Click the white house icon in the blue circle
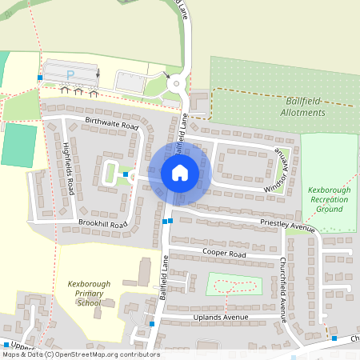coord(179,172)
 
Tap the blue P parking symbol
coord(70,74)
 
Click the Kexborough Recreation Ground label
coord(330,199)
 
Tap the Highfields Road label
coord(68,169)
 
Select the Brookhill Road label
coord(102,225)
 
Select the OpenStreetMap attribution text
coord(80,354)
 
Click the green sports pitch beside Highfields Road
coord(20,145)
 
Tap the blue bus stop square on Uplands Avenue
coord(151,324)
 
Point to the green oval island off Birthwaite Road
coord(110,170)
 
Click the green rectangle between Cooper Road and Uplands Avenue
coord(234,284)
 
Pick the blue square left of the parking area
coord(39,78)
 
